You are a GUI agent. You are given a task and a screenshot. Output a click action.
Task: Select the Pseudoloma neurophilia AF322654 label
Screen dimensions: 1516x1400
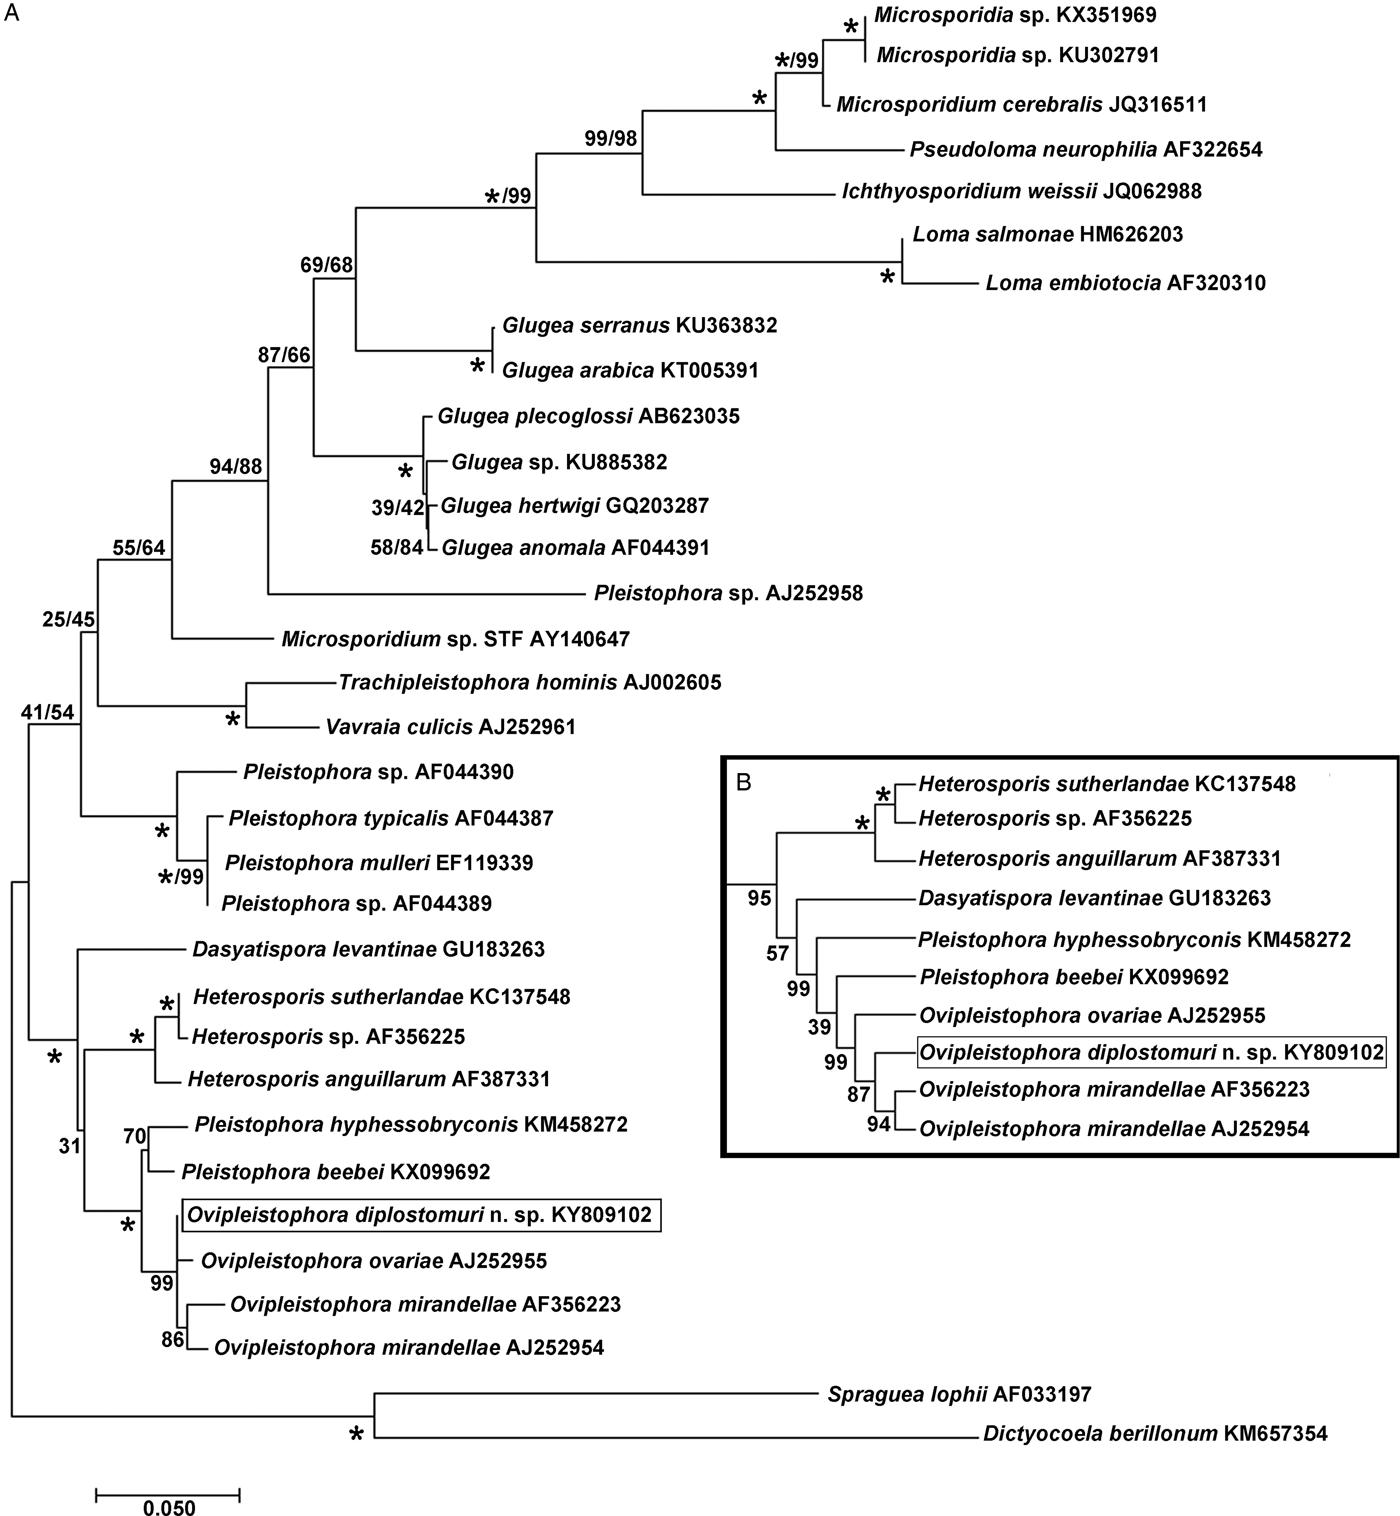1085,150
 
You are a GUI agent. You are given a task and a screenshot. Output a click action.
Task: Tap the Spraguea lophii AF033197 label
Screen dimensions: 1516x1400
959,1393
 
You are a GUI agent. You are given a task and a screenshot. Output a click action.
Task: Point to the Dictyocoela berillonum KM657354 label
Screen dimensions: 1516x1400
1155,1434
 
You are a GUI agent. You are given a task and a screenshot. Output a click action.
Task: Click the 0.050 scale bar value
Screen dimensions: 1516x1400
167,1507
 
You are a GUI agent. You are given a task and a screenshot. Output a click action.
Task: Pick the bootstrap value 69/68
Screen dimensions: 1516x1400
327,265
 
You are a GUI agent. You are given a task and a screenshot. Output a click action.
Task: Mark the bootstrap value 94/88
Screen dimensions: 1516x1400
235,466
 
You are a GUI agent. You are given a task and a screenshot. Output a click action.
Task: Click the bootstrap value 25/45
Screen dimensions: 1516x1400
68,620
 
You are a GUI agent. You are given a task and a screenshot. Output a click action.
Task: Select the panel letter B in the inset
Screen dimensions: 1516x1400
743,782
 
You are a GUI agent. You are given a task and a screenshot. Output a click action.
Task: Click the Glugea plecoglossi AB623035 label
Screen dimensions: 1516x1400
588,416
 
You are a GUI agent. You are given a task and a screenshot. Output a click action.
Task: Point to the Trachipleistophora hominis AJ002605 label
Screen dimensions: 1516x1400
530,683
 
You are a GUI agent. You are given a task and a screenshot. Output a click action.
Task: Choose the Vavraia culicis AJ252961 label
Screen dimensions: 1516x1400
450,727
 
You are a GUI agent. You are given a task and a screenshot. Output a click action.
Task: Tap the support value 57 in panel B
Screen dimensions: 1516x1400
778,953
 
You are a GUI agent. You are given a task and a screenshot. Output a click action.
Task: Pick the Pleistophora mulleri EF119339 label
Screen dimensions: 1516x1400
379,862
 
